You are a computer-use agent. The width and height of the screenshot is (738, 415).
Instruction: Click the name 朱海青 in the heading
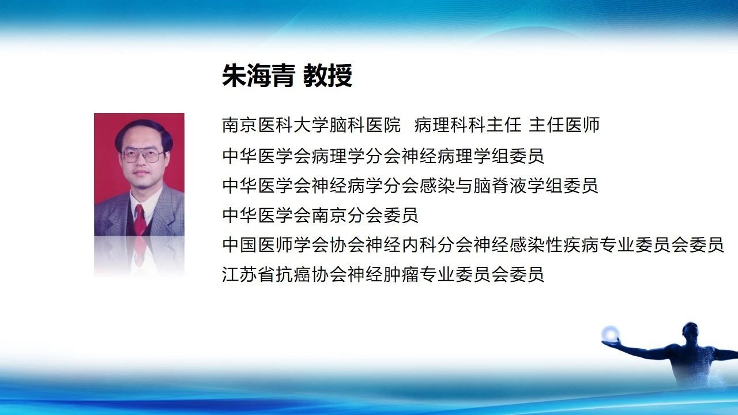(x=258, y=76)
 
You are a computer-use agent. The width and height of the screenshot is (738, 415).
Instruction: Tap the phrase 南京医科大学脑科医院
(x=311, y=125)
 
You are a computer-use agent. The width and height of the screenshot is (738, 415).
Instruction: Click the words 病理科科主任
(x=468, y=125)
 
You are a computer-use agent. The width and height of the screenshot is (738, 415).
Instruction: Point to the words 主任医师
(x=564, y=125)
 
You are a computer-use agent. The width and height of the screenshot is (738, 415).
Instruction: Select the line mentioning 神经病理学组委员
(x=383, y=156)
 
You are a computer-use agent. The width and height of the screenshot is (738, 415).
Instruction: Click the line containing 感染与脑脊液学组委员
(x=410, y=186)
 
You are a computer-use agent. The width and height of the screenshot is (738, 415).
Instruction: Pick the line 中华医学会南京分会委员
(x=320, y=215)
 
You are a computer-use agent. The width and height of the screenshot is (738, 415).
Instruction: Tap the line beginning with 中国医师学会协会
(x=473, y=245)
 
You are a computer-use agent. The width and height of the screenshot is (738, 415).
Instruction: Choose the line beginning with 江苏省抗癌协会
(x=383, y=274)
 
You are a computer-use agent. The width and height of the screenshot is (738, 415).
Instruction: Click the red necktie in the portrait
(x=140, y=219)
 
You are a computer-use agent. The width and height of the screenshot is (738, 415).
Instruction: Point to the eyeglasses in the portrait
(x=142, y=156)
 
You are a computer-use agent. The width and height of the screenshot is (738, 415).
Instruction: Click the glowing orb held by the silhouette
(x=611, y=334)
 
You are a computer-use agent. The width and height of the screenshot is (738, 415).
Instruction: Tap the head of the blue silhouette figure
(x=690, y=333)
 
